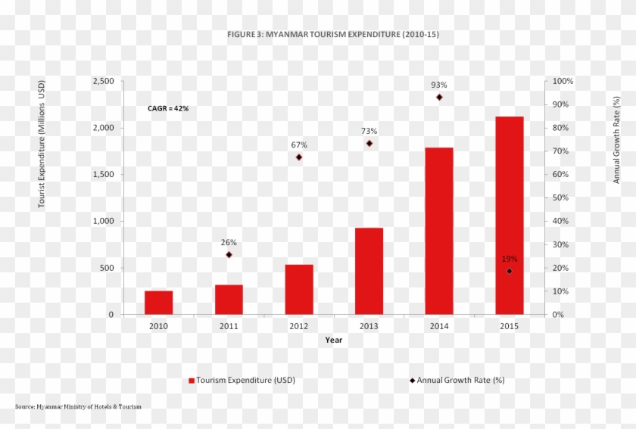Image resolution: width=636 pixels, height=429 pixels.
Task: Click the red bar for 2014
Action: [x=439, y=231]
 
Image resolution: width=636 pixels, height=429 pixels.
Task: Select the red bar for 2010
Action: [x=158, y=303]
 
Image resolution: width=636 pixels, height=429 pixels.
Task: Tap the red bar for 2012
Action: [x=299, y=290]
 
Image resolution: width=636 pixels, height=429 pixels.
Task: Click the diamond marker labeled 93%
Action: [x=439, y=98]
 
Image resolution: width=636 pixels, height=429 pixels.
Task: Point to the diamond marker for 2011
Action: [x=229, y=255]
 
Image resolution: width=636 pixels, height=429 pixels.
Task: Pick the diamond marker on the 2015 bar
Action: [x=510, y=272]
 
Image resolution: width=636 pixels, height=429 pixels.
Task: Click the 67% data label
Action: [x=299, y=145]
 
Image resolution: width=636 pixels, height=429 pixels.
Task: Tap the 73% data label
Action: [x=369, y=131]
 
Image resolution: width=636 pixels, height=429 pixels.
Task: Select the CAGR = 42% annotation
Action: [x=168, y=108]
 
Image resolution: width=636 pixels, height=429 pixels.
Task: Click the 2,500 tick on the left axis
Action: [x=104, y=81]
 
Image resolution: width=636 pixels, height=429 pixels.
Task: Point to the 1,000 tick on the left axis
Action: [x=104, y=221]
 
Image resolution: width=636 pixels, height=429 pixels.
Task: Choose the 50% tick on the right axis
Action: [x=560, y=198]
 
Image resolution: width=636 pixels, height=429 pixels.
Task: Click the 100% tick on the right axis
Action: [x=563, y=81]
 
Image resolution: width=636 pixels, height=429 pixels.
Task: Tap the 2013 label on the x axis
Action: [x=369, y=326]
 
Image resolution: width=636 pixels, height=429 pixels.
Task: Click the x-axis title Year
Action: [x=333, y=340]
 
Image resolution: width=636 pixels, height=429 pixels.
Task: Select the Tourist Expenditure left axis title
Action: [x=42, y=144]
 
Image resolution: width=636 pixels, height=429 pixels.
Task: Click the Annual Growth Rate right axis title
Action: [x=616, y=140]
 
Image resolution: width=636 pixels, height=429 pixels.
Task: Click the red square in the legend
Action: [x=192, y=381]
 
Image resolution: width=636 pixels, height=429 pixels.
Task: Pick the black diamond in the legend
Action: [x=413, y=381]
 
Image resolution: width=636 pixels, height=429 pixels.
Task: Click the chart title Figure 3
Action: [x=333, y=35]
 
